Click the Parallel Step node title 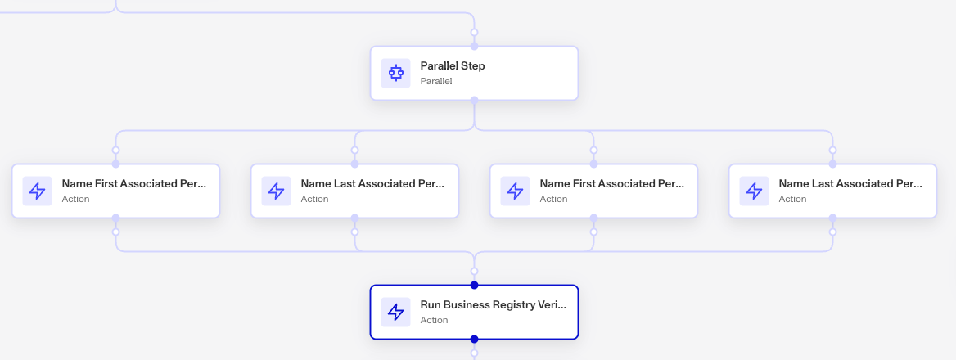tap(453, 65)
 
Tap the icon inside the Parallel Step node tap(395, 73)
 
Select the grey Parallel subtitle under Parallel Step tap(436, 81)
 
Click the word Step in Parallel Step tap(473, 66)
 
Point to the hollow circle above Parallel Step tap(475, 32)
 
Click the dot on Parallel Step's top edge tap(475, 47)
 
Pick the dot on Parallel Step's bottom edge tap(475, 100)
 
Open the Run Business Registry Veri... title tap(494, 304)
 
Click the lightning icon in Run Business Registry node tap(395, 312)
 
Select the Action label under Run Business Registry tap(434, 320)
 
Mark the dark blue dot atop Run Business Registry tap(475, 285)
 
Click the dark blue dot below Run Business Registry tap(475, 340)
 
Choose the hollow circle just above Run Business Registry tap(475, 271)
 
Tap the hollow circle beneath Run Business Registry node tap(475, 353)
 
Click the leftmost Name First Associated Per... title tap(134, 183)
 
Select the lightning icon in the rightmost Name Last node tap(754, 191)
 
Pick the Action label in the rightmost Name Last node tap(792, 199)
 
